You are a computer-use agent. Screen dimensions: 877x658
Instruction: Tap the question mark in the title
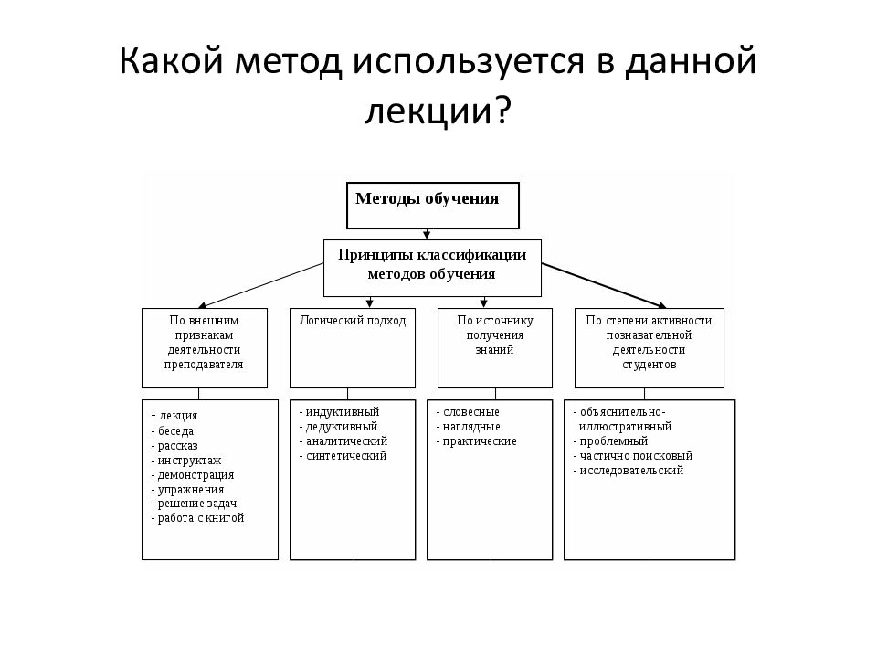pos(502,109)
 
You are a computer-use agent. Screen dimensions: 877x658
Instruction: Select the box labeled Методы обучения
pos(433,206)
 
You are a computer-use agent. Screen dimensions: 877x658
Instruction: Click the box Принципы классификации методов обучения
pos(432,268)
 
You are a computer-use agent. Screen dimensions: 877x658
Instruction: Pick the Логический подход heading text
pos(353,321)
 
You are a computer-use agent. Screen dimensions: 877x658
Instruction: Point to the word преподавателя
pos(204,365)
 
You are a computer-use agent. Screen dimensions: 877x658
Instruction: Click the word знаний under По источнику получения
pos(494,350)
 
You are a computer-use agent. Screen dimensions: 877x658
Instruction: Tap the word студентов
pos(650,365)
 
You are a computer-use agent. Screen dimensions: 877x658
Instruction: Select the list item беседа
pos(173,431)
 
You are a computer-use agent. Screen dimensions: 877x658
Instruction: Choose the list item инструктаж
pos(185,461)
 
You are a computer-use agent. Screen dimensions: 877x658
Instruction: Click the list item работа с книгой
pos(197,518)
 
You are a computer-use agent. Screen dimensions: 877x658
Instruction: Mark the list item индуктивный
pos(339,412)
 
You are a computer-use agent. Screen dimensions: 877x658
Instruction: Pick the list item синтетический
pos(343,456)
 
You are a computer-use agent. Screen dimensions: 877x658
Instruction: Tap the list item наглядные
pos(468,427)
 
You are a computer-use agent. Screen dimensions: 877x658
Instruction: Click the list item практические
pos(476,441)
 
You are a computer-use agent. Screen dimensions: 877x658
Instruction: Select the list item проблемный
pos(610,441)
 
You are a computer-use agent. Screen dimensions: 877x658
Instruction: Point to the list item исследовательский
pos(629,471)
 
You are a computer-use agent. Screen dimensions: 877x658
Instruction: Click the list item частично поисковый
pos(632,456)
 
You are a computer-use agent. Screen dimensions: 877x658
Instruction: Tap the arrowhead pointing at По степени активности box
pos(662,305)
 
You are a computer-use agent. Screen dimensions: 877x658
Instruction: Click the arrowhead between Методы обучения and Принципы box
pos(427,235)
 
